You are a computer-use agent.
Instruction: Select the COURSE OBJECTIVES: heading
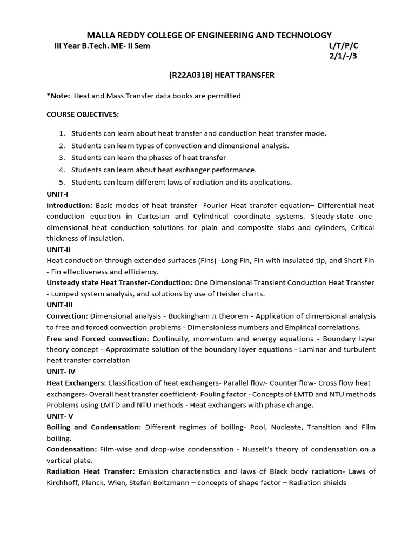pyautogui.click(x=83, y=114)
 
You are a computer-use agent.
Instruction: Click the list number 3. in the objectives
pyautogui.click(x=62, y=158)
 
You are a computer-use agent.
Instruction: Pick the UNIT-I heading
pyautogui.click(x=57, y=194)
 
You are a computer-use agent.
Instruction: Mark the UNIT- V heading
pyautogui.click(x=60, y=416)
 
